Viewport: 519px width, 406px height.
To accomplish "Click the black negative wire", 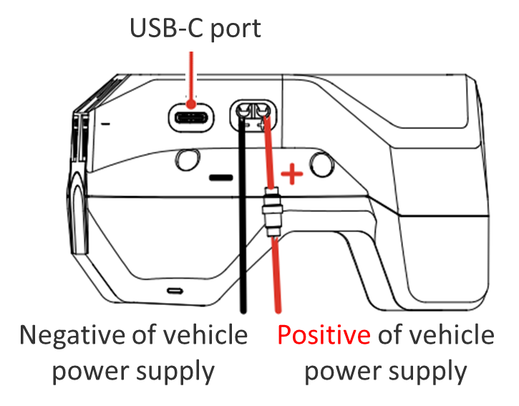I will [243, 229].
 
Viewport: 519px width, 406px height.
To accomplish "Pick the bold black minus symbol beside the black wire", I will [221, 175].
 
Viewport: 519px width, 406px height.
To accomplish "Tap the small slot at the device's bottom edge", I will [175, 291].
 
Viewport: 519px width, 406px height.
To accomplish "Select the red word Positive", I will [324, 336].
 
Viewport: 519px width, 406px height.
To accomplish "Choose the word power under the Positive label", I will [339, 373].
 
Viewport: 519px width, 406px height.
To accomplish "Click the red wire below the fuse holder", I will [277, 279].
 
